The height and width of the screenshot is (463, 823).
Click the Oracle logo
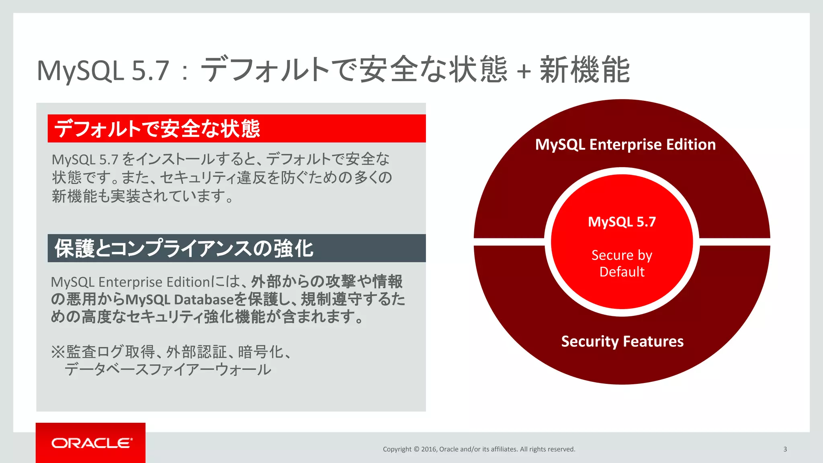pyautogui.click(x=92, y=443)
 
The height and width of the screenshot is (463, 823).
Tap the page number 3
pyautogui.click(x=785, y=449)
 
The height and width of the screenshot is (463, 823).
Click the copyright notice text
pyautogui.click(x=479, y=449)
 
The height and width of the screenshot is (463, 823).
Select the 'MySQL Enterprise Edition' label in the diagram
pyautogui.click(x=625, y=144)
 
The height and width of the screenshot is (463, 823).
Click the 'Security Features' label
pyautogui.click(x=622, y=341)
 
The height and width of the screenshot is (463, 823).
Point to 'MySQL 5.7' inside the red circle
pyautogui.click(x=622, y=222)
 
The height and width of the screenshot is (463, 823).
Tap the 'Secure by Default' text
pyautogui.click(x=622, y=263)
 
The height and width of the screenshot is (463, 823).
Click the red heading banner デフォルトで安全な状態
pyautogui.click(x=236, y=129)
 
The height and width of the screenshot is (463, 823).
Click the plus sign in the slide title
pyautogui.click(x=524, y=72)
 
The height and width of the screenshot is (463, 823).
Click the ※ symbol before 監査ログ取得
pyautogui.click(x=58, y=352)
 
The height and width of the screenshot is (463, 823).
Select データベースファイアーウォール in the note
pyautogui.click(x=168, y=369)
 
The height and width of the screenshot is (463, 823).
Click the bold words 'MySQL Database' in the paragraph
pyautogui.click(x=179, y=300)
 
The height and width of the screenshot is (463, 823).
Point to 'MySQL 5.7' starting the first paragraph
pyautogui.click(x=85, y=160)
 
